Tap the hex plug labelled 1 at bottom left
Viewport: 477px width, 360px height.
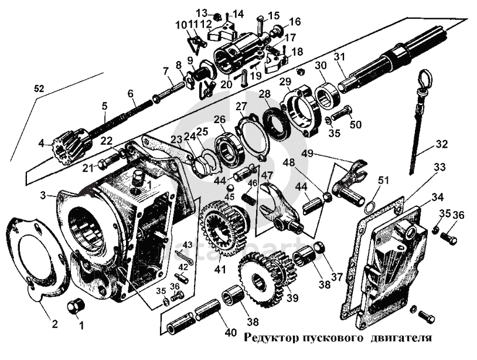click(74, 305)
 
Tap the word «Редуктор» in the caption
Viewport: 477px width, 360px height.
click(270, 338)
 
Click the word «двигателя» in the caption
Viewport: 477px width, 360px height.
click(403, 338)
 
